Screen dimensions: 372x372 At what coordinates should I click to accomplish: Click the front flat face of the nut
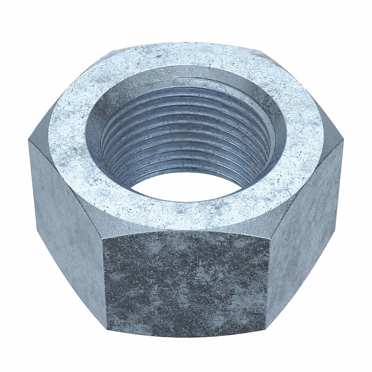(186, 283)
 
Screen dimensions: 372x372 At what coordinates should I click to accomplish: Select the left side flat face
(67, 227)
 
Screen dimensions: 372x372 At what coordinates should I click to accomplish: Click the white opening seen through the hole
(186, 186)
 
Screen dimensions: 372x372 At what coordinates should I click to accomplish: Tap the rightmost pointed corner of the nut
(343, 142)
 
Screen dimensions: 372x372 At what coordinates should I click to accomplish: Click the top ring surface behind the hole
(186, 55)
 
